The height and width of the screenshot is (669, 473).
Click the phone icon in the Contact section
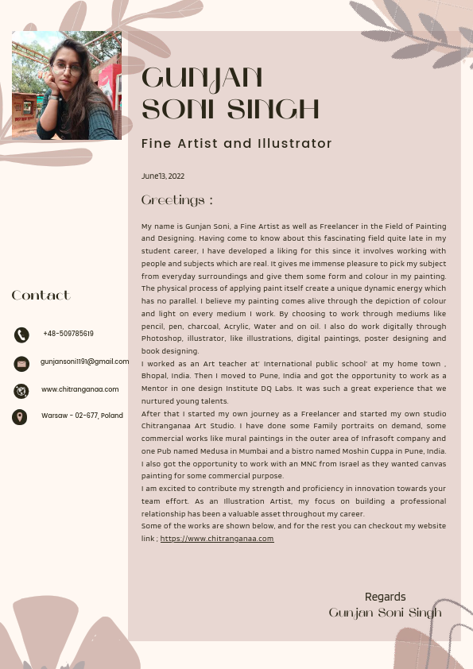pos(21,334)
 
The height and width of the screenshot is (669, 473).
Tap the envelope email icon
pos(21,363)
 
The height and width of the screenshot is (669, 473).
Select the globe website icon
pos(21,390)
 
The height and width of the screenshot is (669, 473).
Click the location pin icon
pos(20,416)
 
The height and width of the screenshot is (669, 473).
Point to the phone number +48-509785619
pos(68,334)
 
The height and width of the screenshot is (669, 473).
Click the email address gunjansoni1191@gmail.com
pos(84,362)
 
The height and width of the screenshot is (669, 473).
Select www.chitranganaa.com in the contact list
pos(79,389)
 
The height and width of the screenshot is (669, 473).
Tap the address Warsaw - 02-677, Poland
pos(82,416)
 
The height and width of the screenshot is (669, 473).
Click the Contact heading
pos(41,296)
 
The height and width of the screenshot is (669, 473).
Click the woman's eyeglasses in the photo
pos(69,68)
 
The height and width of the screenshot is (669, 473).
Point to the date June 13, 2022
pos(163,176)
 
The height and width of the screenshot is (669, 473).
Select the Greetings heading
pos(176,200)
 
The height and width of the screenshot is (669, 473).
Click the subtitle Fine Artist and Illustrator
pos(236,144)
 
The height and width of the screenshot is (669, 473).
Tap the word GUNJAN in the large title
pos(202,79)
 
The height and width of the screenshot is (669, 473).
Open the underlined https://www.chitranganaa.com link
pos(217,539)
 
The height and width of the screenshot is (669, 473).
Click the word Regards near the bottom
pos(385,597)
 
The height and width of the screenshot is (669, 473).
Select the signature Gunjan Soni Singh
pos(385,613)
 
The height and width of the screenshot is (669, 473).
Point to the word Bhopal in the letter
pos(157,376)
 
